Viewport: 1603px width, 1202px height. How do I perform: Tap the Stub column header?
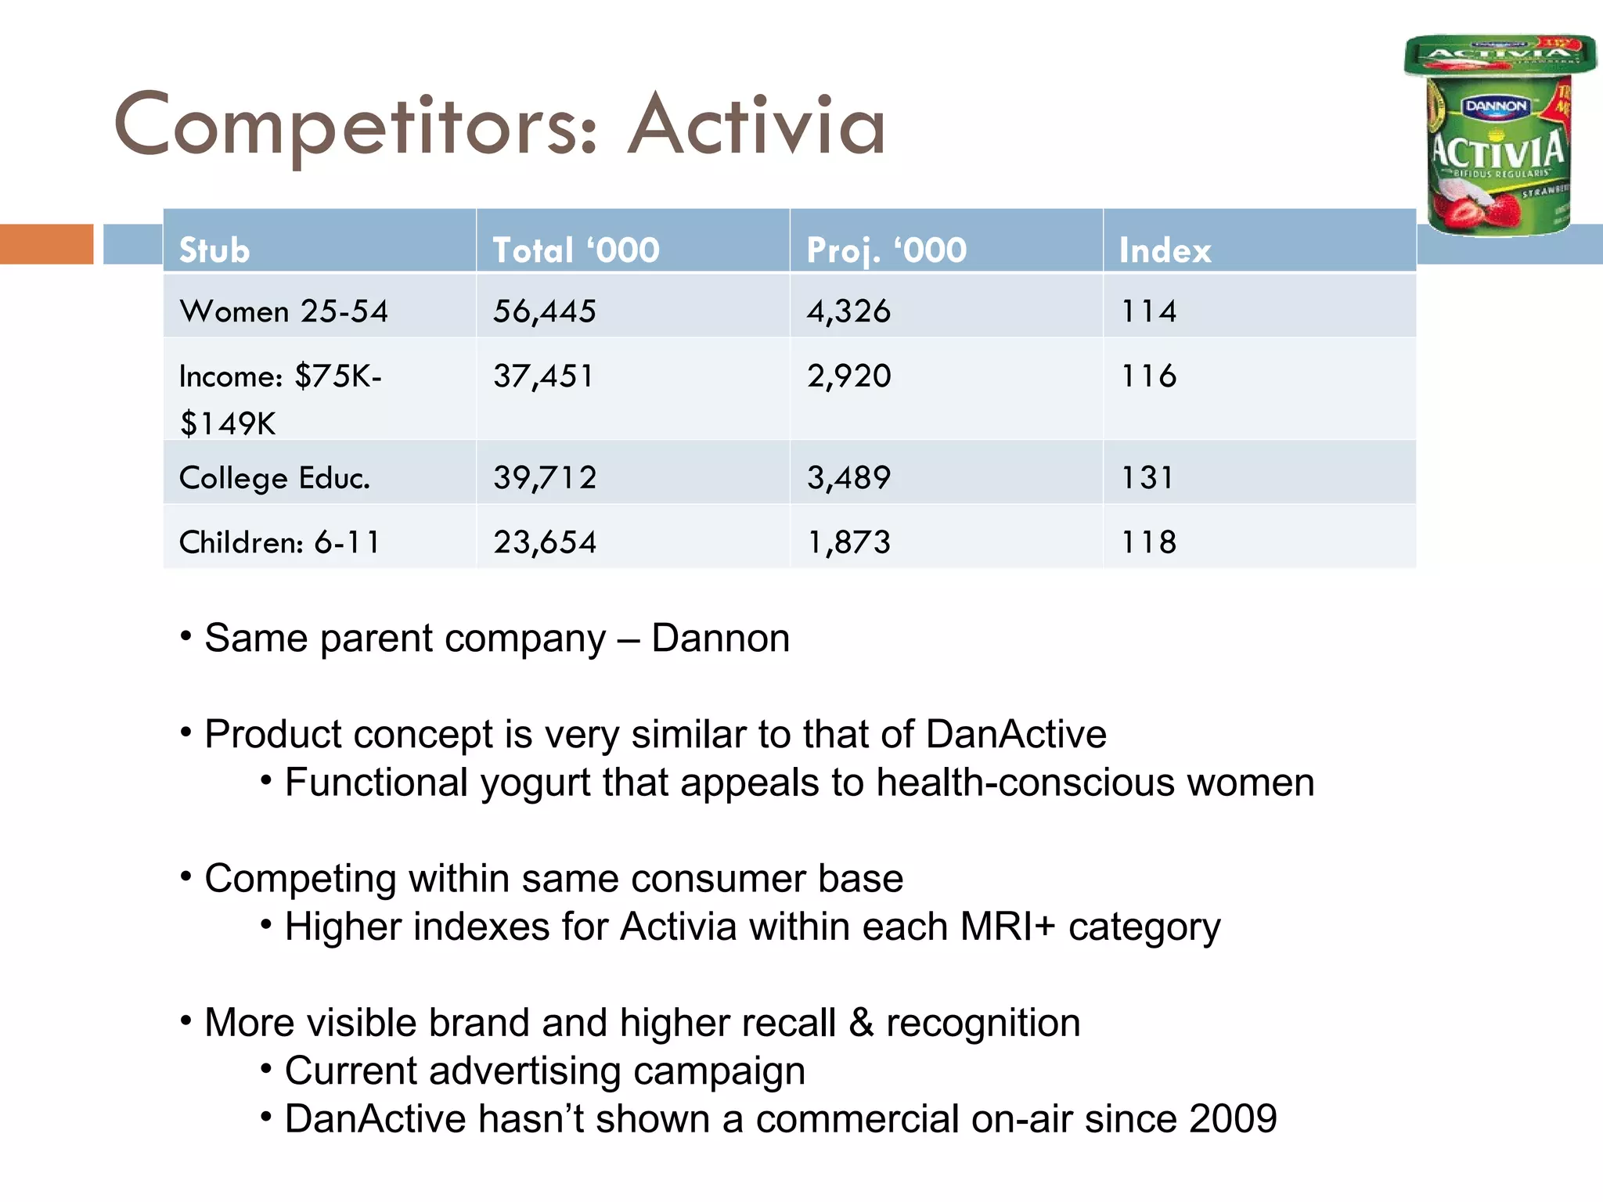[214, 251]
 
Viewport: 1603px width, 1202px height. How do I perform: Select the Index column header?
[1165, 251]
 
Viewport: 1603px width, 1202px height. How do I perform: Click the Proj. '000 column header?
[887, 251]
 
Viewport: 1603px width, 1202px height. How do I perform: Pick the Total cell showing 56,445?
[545, 311]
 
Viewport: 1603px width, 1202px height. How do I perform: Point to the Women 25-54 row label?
[283, 311]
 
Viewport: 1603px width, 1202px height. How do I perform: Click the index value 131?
[1147, 478]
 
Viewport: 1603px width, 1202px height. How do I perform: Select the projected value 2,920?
[849, 376]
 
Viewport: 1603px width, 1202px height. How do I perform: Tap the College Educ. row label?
[275, 478]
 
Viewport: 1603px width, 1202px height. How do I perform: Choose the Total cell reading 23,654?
[545, 542]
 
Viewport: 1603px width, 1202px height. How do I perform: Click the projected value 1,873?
[849, 542]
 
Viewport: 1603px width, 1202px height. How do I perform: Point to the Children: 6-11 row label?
[279, 542]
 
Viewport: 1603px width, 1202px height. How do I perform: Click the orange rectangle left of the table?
[47, 244]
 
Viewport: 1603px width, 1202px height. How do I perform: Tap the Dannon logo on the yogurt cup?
[1496, 106]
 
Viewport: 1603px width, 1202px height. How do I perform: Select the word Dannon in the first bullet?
[720, 639]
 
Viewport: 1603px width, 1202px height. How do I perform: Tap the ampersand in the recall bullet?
[861, 1024]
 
